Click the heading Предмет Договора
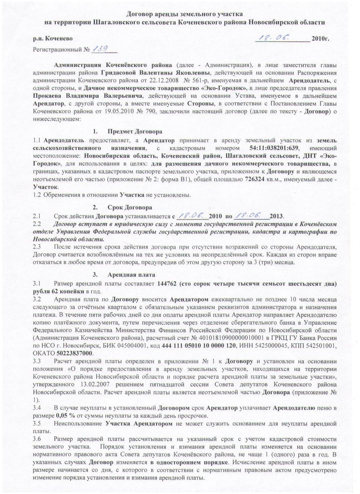coord(134,132)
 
